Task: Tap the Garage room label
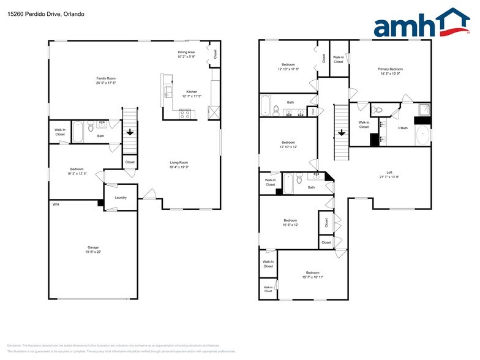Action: click(x=92, y=247)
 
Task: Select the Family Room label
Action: click(x=106, y=78)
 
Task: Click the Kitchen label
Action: click(x=192, y=92)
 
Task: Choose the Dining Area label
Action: click(x=186, y=52)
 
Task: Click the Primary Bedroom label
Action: click(x=390, y=69)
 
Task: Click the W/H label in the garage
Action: click(x=55, y=204)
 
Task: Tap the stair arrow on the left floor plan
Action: click(x=130, y=132)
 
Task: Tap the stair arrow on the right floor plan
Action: click(x=340, y=132)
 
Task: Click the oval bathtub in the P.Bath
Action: click(x=423, y=135)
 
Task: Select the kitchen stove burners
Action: click(x=185, y=113)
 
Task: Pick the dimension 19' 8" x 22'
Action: click(x=92, y=252)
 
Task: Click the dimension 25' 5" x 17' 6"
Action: click(x=106, y=83)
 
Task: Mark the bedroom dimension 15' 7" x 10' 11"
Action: click(x=312, y=277)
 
